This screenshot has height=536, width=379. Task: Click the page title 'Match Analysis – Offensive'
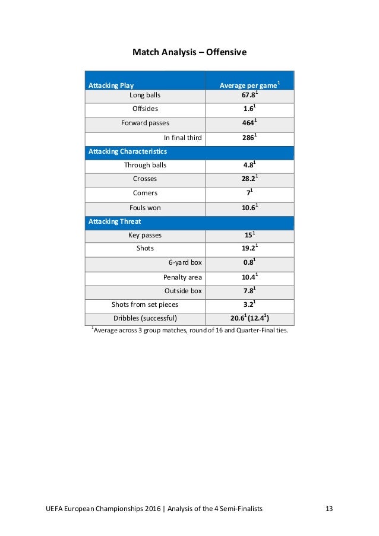(x=189, y=53)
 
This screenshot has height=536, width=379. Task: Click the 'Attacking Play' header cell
(x=111, y=85)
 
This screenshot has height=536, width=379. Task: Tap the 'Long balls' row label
(x=145, y=95)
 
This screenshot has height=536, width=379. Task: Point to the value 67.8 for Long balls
(x=249, y=95)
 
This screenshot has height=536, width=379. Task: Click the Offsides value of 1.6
(x=249, y=109)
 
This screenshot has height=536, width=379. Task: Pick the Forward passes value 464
(x=249, y=123)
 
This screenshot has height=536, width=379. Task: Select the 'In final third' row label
(x=182, y=138)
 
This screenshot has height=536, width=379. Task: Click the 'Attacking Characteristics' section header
(x=128, y=151)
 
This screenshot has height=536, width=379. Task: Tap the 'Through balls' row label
(x=145, y=166)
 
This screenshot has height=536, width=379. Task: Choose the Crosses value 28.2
(x=249, y=180)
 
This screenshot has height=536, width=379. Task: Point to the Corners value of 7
(x=249, y=194)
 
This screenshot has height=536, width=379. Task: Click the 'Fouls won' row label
(x=145, y=208)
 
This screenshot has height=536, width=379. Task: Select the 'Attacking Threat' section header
(x=115, y=221)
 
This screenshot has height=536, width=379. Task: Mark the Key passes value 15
(x=249, y=236)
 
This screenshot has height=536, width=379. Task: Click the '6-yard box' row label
(x=185, y=264)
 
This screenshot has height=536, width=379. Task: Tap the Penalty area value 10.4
(x=249, y=277)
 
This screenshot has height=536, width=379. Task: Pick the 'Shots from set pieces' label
(x=145, y=305)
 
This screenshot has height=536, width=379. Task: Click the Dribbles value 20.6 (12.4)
(x=249, y=319)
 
